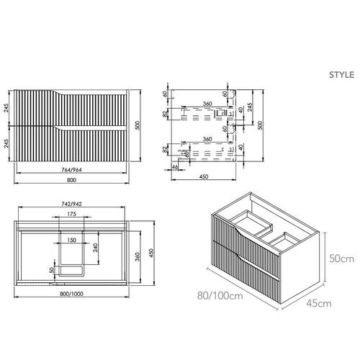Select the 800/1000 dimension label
72,294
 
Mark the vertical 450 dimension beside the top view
150,253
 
